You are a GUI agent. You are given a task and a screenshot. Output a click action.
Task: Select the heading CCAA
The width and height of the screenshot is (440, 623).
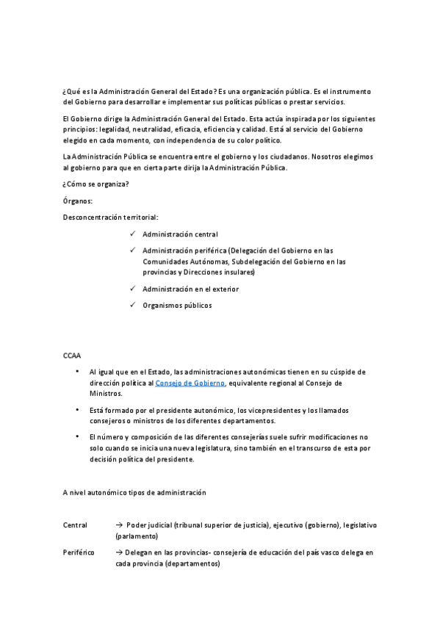click(71, 355)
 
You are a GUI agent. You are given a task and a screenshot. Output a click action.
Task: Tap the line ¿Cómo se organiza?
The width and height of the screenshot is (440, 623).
click(95, 184)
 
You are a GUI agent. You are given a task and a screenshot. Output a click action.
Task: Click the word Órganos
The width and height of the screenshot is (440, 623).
click(78, 201)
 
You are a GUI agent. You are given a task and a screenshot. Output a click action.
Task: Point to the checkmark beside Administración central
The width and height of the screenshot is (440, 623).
click(131, 234)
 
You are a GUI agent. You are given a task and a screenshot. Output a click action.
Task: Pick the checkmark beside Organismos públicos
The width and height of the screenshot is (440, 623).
click(131, 305)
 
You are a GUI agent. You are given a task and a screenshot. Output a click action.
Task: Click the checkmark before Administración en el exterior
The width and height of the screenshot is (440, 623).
click(131, 289)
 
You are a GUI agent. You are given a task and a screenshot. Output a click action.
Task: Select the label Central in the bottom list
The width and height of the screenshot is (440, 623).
click(76, 525)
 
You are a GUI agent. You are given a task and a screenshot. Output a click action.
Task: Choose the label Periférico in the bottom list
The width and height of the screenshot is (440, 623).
click(79, 552)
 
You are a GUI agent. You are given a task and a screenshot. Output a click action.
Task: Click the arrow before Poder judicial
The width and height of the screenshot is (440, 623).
click(119, 525)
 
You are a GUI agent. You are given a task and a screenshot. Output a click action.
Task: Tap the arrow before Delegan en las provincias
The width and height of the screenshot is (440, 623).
click(119, 552)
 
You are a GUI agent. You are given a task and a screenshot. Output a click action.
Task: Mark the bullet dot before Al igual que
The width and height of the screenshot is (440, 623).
click(78, 372)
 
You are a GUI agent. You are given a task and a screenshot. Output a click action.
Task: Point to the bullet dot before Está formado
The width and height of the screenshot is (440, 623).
click(78, 409)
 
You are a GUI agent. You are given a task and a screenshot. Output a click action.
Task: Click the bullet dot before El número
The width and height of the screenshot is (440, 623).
click(78, 436)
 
